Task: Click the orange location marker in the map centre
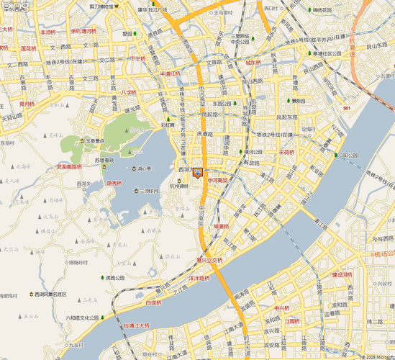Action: coord(199,173)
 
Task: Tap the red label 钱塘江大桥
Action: coord(136,326)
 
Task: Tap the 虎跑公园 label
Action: coord(114,277)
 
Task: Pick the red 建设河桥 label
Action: coord(342,274)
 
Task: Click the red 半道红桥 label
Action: coord(171,73)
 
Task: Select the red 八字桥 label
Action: coord(128,93)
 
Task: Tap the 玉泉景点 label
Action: coord(95,142)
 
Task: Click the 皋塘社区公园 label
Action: coord(330,53)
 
